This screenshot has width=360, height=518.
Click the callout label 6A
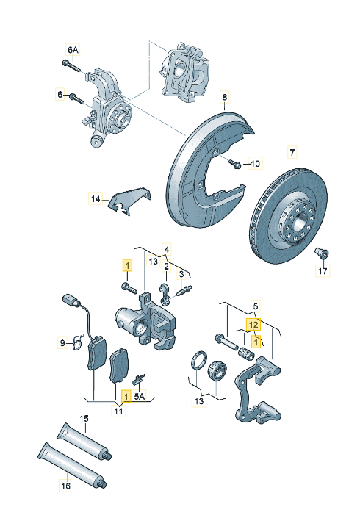[73, 50]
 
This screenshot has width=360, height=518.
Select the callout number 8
[225, 97]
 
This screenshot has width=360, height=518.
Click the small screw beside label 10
[236, 163]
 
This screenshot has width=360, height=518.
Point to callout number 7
[292, 153]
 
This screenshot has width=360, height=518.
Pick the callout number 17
[323, 271]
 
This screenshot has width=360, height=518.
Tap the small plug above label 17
[321, 253]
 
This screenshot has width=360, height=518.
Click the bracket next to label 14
[129, 200]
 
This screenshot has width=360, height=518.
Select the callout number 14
[96, 199]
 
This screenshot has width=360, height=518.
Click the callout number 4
[167, 249]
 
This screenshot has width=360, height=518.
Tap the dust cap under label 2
[165, 294]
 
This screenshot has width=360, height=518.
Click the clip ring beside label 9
[78, 343]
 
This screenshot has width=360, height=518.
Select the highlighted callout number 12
[253, 325]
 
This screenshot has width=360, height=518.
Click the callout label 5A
[140, 397]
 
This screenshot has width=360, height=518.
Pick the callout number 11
[118, 411]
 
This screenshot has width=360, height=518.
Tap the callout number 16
[65, 486]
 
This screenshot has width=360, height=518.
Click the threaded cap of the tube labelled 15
[108, 456]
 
